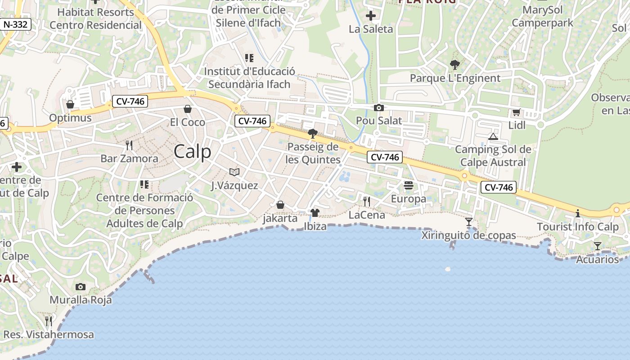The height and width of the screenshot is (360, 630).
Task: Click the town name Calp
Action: click(192, 152)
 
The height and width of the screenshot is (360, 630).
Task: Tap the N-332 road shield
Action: click(15, 24)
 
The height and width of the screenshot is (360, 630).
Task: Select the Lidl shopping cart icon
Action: click(516, 112)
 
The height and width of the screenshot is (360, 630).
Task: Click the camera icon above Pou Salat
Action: click(379, 108)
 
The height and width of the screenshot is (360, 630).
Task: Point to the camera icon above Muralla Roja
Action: click(81, 287)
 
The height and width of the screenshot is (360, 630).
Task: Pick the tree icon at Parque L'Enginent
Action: click(455, 65)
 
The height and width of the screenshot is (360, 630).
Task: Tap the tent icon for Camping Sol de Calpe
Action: click(493, 136)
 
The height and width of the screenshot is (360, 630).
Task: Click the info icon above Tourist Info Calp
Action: click(578, 213)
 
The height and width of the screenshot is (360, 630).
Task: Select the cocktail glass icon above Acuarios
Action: click(598, 246)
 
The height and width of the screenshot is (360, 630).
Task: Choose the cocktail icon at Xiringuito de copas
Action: click(469, 222)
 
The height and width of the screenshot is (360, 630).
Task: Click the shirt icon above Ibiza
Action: click(315, 212)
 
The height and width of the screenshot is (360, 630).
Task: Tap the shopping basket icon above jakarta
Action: click(280, 205)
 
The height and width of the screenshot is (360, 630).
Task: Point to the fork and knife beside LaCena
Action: click(367, 201)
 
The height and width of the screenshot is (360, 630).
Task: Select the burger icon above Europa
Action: click(409, 185)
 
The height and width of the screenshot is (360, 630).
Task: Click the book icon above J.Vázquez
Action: click(234, 172)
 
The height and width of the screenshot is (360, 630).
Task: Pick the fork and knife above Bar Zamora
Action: click(129, 145)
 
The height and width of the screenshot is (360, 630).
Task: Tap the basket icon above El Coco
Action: click(188, 109)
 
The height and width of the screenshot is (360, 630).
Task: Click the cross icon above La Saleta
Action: click(371, 16)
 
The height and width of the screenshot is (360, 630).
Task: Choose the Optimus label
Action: click(70, 118)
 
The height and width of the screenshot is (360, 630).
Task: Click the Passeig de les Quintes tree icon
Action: click(312, 133)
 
